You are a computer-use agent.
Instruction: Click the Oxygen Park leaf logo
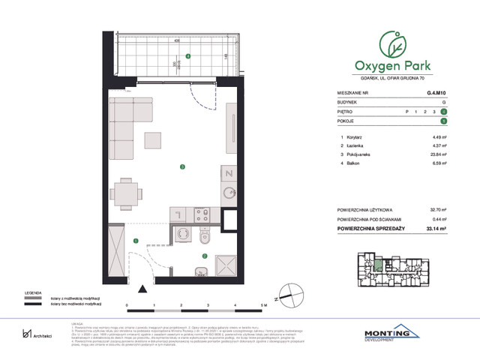coord(390,43)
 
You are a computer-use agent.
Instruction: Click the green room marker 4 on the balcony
coord(188,55)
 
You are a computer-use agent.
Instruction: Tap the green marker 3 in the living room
coord(181,166)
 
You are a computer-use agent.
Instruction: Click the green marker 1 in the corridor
coord(136,241)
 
